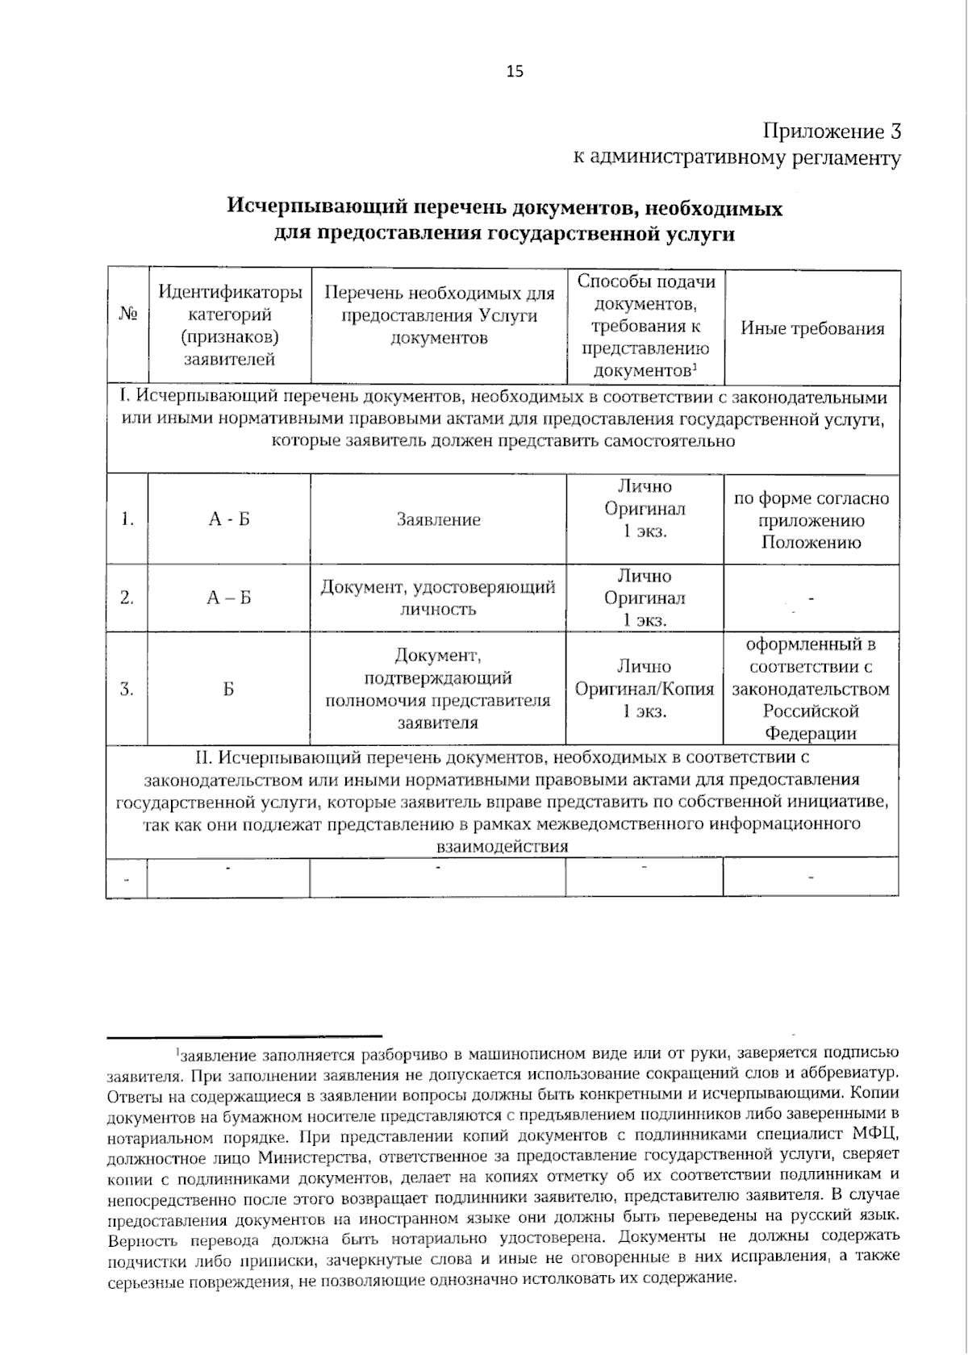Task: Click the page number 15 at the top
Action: click(x=515, y=72)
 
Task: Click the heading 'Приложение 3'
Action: click(x=831, y=131)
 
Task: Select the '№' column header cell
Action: click(x=127, y=327)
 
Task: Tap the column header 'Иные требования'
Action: click(x=812, y=328)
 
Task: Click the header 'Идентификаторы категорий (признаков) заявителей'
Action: click(x=229, y=326)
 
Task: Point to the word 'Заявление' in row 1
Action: click(x=438, y=520)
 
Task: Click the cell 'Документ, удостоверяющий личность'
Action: click(x=438, y=598)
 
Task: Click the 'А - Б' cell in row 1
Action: click(x=229, y=520)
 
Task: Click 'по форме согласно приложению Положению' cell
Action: click(x=812, y=520)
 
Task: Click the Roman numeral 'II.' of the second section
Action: click(x=203, y=758)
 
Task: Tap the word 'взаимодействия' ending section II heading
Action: click(x=502, y=847)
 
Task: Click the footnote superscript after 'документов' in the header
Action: click(x=695, y=367)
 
